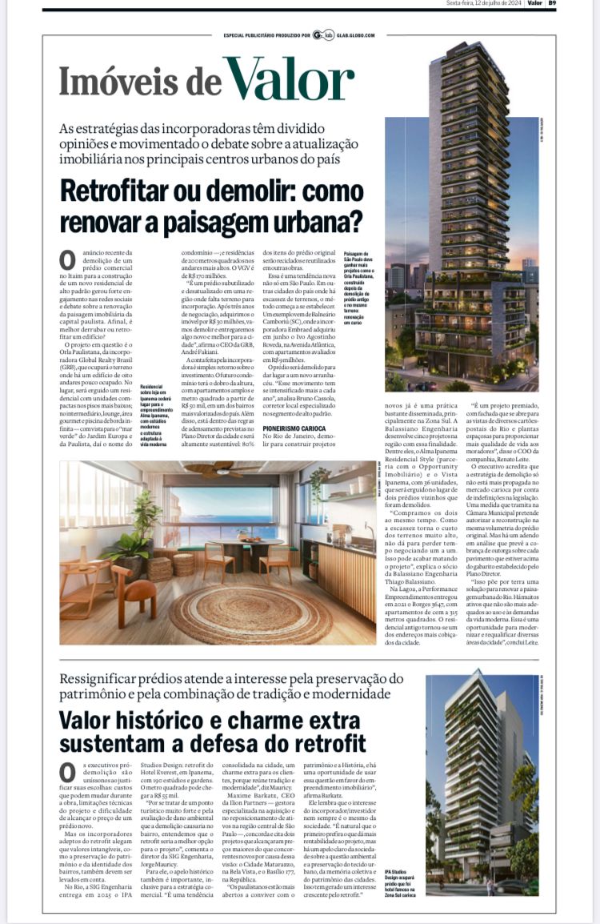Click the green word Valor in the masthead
pos(289,80)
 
